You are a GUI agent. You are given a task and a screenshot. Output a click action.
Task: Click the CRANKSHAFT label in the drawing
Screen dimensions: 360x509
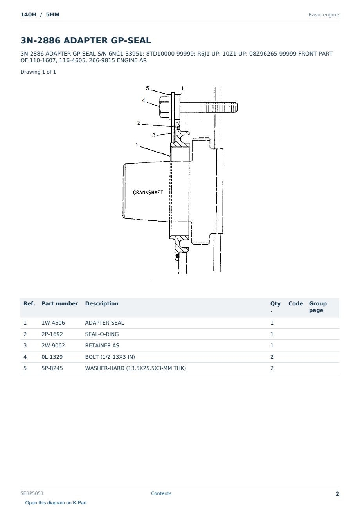coord(148,193)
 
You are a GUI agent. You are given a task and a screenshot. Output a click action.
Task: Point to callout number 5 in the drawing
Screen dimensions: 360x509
coord(148,88)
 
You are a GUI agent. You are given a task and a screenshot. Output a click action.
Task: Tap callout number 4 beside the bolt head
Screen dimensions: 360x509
coord(143,101)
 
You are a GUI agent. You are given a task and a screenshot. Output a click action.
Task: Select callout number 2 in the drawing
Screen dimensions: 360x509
coord(139,123)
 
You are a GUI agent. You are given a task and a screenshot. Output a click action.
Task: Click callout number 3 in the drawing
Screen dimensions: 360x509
coord(154,135)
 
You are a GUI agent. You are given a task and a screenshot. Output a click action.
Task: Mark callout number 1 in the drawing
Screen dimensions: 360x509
coord(137,144)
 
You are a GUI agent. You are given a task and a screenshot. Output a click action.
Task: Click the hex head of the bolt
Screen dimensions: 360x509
coord(164,107)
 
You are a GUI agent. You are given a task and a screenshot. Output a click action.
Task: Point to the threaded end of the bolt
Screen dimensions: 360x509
coord(220,107)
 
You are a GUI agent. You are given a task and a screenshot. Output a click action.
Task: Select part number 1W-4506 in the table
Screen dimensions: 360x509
coord(53,323)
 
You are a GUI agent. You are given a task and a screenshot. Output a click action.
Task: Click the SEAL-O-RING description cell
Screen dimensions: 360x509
coord(102,334)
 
